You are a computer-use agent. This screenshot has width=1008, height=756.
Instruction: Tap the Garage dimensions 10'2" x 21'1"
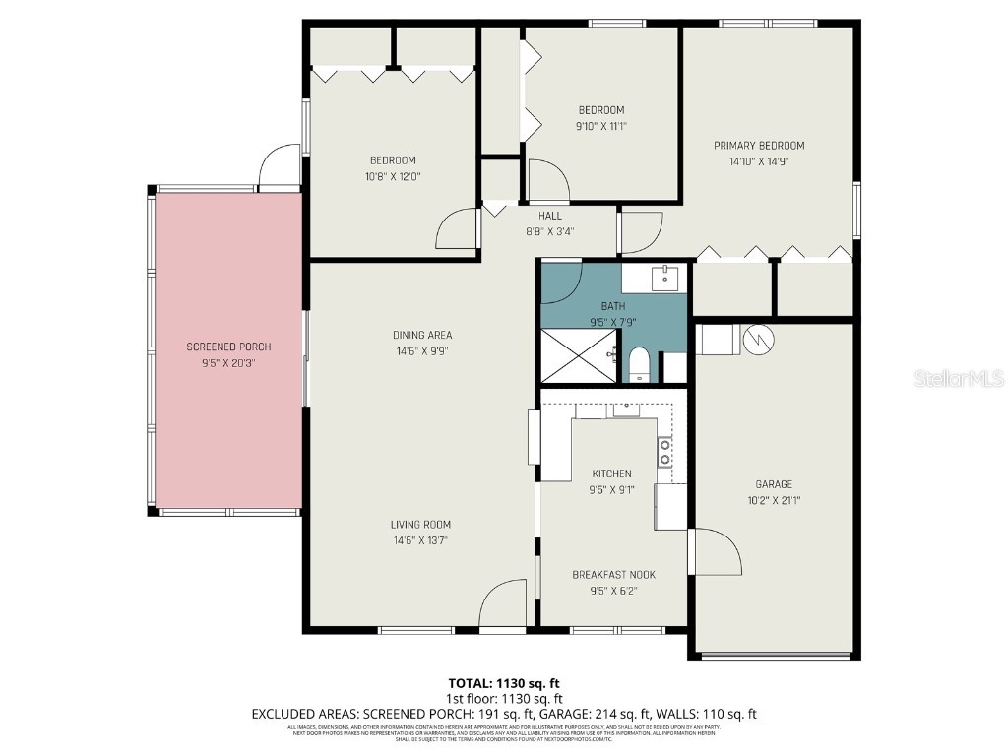[774, 500]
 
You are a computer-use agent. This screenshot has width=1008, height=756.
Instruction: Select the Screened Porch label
[228, 346]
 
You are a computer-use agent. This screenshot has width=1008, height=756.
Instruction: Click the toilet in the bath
[639, 364]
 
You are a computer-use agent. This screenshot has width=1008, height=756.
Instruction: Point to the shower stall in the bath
[580, 356]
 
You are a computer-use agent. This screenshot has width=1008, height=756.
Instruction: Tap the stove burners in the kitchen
[665, 452]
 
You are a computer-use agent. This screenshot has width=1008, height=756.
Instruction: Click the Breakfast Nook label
[613, 575]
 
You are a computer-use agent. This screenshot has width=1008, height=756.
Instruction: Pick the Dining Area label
[422, 335]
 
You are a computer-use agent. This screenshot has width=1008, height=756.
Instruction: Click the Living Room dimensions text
[422, 540]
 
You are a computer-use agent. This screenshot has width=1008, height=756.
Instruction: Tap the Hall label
[550, 216]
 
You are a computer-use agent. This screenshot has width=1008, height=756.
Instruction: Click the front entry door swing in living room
[505, 602]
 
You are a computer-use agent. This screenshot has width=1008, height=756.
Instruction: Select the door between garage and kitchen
[716, 551]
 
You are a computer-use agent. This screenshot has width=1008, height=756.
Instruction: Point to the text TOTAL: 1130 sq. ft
[504, 683]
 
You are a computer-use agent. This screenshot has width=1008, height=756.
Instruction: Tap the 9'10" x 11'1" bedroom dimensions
[600, 126]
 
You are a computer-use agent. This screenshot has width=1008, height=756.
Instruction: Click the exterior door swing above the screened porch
[279, 167]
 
